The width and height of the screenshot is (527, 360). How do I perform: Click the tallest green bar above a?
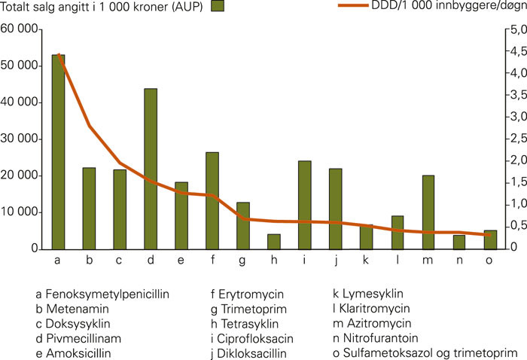click(x=58, y=151)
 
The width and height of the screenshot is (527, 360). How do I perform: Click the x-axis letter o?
click(x=490, y=261)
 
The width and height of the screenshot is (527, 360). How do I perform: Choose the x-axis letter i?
click(x=305, y=261)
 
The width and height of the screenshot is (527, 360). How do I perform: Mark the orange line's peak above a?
click(x=58, y=55)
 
